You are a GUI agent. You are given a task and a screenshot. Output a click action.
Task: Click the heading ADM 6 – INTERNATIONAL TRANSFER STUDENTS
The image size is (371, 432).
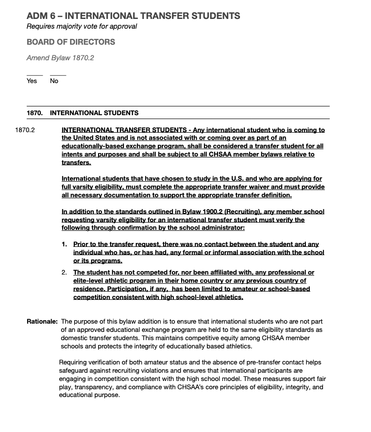pos(133,16)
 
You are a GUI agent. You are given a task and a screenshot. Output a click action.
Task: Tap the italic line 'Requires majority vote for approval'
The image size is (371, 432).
pos(82,26)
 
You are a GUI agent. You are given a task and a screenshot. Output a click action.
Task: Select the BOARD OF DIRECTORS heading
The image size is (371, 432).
pos(71,42)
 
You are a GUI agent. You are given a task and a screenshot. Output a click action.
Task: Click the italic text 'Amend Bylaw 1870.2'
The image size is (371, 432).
pos(60,58)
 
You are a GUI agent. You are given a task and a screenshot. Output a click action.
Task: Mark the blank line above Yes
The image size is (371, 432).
pos(34,74)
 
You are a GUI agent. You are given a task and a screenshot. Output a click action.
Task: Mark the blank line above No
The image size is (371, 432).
pos(58,74)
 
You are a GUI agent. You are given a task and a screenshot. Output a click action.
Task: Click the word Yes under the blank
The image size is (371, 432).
pos(32,81)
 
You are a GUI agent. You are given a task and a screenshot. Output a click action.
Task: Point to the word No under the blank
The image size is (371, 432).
pos(54,81)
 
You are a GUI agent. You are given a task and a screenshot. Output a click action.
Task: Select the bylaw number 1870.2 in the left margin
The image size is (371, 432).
pos(25,130)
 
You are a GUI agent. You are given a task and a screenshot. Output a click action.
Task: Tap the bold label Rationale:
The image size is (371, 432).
pos(42,322)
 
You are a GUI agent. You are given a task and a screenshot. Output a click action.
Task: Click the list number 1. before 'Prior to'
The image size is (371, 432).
pos(64,244)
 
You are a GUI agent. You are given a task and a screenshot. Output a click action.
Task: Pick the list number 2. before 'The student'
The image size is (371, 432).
pos(64,273)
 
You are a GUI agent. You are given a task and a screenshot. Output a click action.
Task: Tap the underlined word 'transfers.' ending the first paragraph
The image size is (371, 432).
pos(76,163)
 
